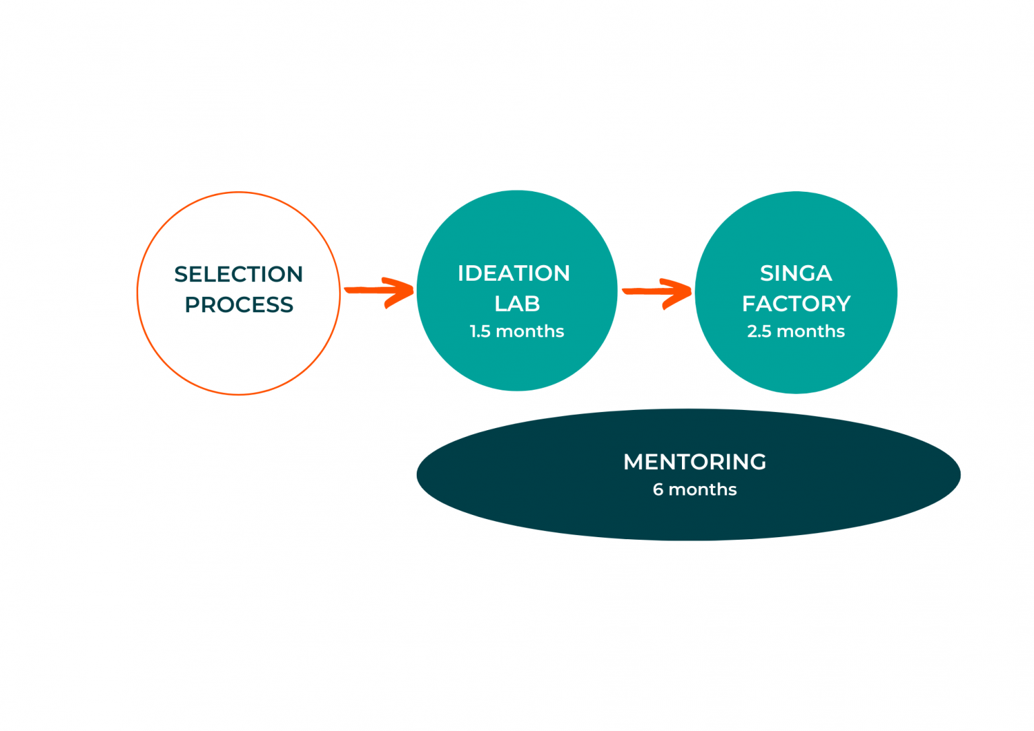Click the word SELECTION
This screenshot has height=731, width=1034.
[239, 274]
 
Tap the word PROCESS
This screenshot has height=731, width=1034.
[239, 304]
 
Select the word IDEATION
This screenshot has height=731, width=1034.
[514, 273]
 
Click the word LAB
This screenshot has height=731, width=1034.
[517, 304]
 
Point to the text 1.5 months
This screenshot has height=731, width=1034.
[517, 331]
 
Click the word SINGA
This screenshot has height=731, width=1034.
[796, 273]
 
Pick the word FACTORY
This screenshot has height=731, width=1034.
[796, 304]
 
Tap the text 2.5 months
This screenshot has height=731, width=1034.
[796, 331]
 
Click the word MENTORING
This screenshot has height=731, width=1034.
[695, 462]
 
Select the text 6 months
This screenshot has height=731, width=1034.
[695, 489]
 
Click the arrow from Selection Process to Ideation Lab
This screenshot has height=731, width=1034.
[379, 291]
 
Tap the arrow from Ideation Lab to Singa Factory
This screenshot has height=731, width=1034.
[657, 292]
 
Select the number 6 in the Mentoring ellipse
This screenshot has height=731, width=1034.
[658, 489]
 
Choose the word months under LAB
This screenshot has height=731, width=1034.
[530, 331]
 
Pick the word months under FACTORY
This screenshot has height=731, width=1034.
[811, 331]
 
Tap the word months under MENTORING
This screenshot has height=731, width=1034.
[703, 489]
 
